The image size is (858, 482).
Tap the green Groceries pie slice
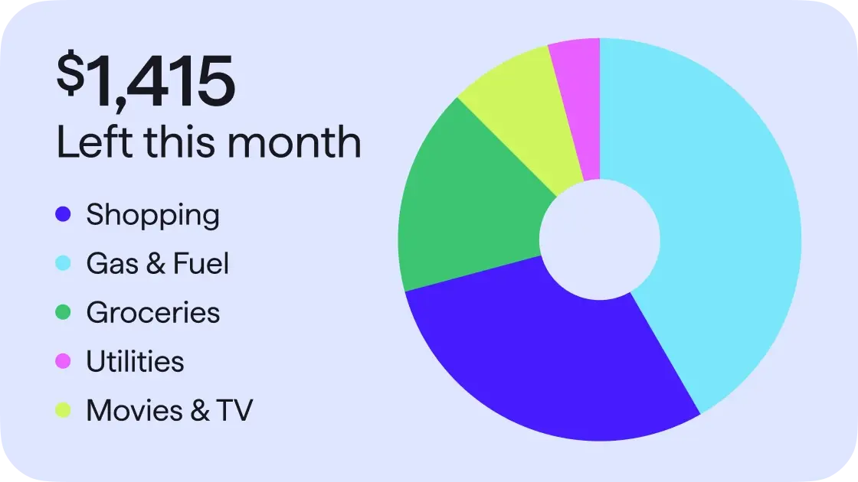point(467,214)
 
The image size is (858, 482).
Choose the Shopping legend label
point(152,215)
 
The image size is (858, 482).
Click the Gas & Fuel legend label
point(157,264)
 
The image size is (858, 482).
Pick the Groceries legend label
point(152,312)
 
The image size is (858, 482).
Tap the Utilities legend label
point(135,361)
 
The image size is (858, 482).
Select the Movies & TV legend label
point(169,410)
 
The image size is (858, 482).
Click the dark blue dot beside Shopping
point(64,215)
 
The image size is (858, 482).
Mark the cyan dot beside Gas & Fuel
point(64,264)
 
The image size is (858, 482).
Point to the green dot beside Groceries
point(64,312)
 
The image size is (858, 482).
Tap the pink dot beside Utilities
point(64,361)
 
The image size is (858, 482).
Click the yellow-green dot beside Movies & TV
point(64,410)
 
